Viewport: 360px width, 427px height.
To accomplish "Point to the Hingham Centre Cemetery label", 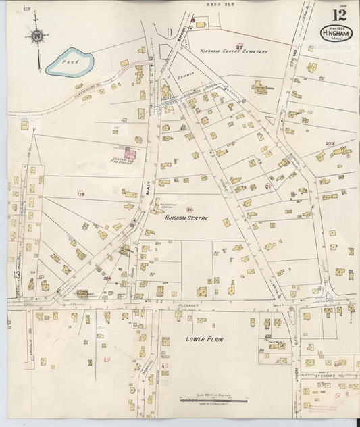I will point(234,52).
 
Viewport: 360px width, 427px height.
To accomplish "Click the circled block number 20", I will point(190,209).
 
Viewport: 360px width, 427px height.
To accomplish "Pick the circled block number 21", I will point(267,186).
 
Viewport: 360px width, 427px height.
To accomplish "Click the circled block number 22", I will point(239,47).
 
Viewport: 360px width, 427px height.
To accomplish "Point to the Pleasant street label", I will point(186,305).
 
